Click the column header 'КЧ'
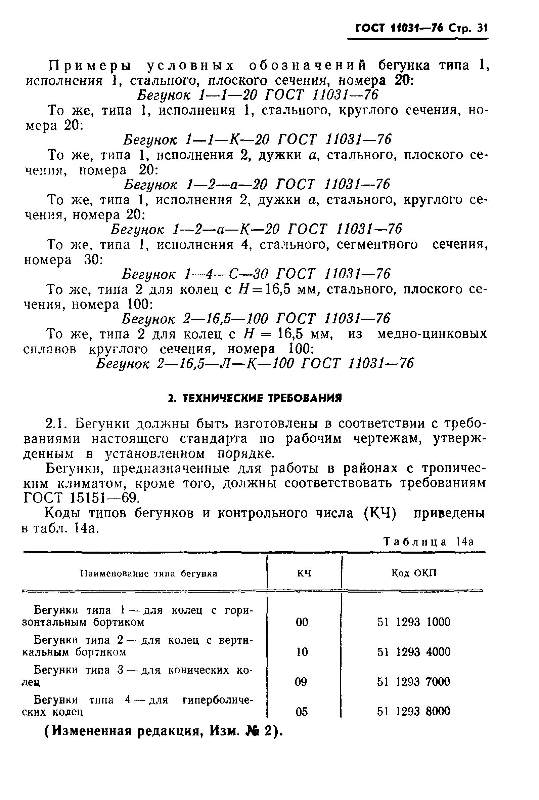point(304,573)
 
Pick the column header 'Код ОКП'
point(414,573)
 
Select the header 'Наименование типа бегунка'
point(148,573)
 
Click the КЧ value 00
point(302,622)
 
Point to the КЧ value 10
point(302,652)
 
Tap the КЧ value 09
point(301,682)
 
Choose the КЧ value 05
point(302,712)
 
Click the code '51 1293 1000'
point(413,622)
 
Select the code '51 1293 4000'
point(413,652)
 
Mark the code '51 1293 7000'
point(413,682)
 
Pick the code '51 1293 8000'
point(413,712)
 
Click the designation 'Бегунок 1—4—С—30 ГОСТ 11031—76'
point(257,274)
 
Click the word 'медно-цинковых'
point(432,334)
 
